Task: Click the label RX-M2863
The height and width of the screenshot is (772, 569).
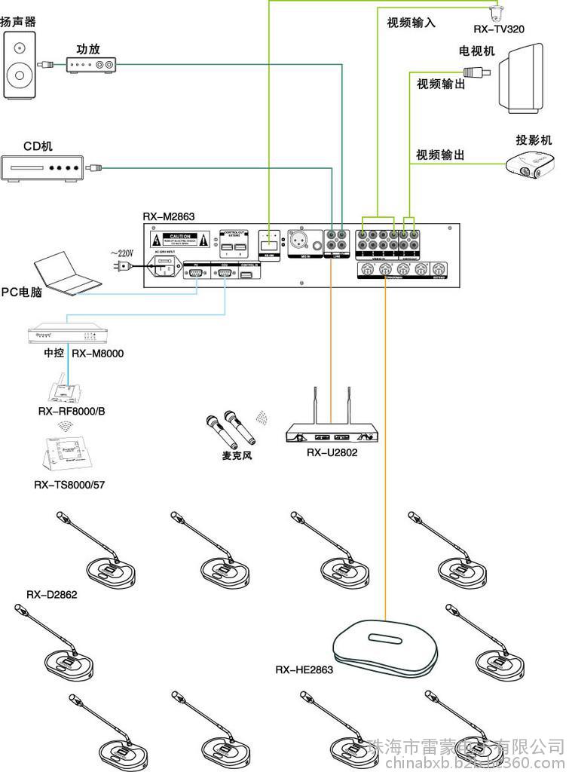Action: (169, 216)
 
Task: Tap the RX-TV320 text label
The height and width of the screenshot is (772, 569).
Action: (499, 29)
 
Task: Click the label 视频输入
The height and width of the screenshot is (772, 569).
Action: (411, 23)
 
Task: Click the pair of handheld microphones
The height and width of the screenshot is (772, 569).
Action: (228, 430)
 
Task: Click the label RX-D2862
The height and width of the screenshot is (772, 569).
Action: (52, 594)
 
